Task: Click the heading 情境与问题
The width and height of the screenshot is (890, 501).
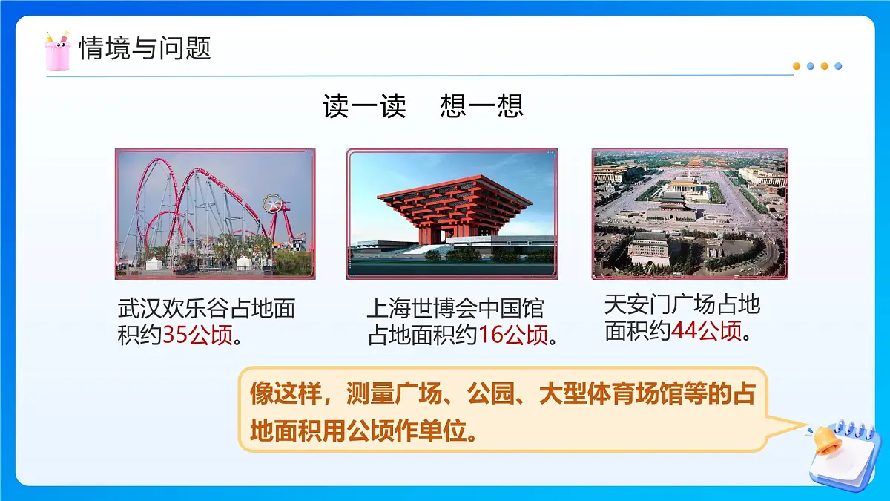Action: (x=145, y=48)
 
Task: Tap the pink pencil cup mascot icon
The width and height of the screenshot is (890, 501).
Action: (x=57, y=50)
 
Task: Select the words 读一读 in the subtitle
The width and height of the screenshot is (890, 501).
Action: (x=364, y=105)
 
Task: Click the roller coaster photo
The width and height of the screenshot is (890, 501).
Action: (x=215, y=213)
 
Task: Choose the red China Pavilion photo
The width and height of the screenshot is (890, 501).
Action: (x=452, y=213)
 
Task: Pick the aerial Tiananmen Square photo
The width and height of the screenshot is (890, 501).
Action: (x=690, y=213)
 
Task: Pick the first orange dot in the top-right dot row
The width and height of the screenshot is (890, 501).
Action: (x=797, y=66)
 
